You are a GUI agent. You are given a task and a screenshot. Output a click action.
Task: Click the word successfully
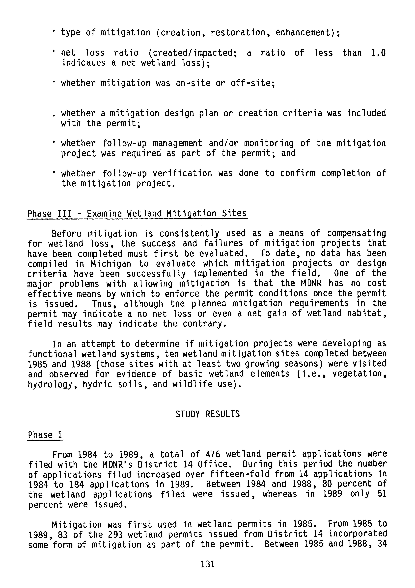pos(156,273)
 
